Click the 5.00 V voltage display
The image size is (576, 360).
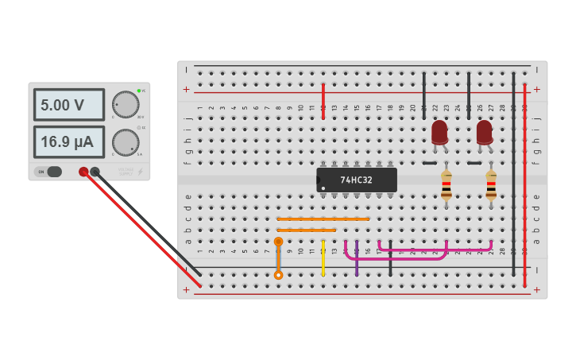(68, 104)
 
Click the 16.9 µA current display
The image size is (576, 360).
(68, 142)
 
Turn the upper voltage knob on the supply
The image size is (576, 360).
(125, 104)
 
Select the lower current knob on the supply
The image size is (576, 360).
(125, 143)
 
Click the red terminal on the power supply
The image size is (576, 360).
(83, 172)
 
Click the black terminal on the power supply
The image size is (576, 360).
(95, 172)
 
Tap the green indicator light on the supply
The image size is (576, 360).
(138, 91)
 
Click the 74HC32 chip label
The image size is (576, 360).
(356, 180)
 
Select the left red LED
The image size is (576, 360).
(439, 131)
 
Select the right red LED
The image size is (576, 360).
(484, 131)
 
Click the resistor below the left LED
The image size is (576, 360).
(446, 188)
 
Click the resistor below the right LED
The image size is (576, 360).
(491, 188)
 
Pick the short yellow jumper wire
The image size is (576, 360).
(323, 258)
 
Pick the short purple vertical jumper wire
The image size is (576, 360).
(357, 258)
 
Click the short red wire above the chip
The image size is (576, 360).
(323, 101)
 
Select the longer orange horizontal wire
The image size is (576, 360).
(323, 219)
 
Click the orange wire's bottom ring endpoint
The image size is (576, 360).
(278, 275)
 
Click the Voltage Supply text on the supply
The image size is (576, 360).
(126, 170)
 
